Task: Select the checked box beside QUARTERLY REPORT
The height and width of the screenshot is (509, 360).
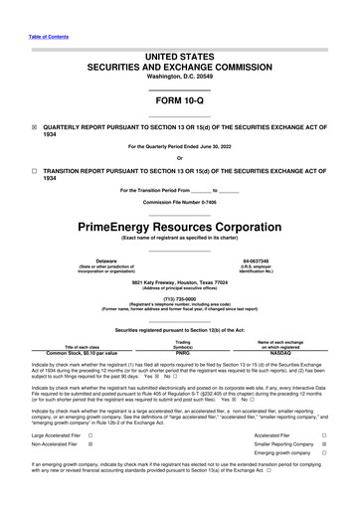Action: tap(34, 128)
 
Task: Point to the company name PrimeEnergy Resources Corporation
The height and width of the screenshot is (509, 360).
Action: tap(179, 227)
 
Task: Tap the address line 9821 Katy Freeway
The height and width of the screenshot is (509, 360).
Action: tap(179, 282)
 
